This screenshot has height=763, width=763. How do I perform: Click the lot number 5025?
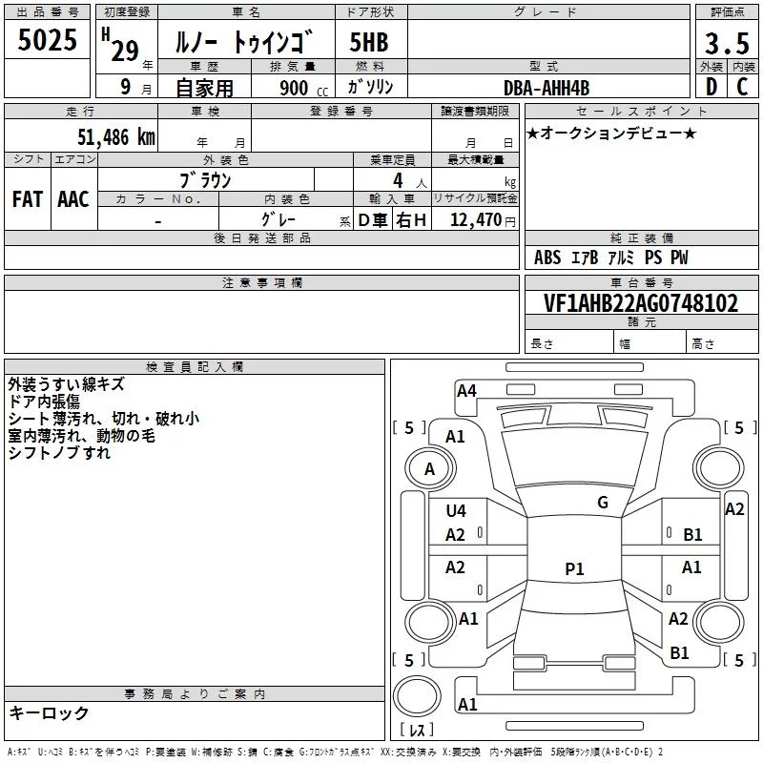coord(48,41)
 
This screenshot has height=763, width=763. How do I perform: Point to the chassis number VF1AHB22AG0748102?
coord(641,304)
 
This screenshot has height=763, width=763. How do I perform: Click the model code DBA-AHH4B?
coord(546,88)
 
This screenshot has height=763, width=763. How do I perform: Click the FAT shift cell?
coord(27,199)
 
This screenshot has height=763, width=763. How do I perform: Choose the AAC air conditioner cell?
coord(72,199)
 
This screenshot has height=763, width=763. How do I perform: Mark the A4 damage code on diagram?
coord(466,390)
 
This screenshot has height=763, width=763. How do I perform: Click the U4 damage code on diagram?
coord(456,511)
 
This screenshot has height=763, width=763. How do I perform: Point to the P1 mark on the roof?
coord(574,569)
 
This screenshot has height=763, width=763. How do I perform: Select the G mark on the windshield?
coord(603,502)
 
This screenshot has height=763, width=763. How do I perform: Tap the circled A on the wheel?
coord(429,469)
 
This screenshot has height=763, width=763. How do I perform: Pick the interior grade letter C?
coord(743,88)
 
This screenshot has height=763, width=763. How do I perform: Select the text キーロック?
coord(49,713)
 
